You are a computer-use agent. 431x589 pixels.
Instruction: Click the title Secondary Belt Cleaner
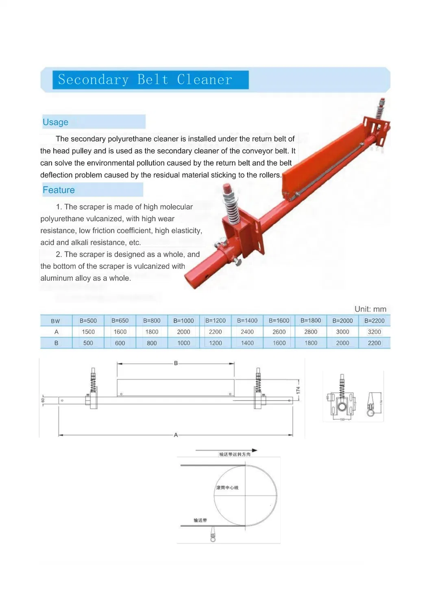145,79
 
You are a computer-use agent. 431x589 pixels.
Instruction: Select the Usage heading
55,122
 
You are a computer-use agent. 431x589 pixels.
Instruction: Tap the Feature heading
59,190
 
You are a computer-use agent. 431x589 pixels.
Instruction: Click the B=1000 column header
183,321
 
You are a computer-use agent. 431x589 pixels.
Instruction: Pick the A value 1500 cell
88,332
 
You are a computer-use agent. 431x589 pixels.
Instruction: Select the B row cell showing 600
120,343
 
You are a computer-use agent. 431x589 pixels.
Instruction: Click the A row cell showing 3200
374,332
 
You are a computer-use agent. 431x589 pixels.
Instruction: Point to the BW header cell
56,321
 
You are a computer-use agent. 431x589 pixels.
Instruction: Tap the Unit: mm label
370,309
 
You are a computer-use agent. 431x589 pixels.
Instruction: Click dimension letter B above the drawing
176,363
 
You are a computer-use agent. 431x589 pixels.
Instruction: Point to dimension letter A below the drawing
176,435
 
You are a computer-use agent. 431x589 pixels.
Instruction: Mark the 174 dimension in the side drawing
298,390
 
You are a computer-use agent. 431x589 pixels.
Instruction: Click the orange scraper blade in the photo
325,155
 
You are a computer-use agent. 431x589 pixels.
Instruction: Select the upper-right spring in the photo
381,109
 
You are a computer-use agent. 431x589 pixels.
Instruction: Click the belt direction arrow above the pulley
226,450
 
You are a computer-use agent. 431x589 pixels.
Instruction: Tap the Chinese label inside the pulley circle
227,487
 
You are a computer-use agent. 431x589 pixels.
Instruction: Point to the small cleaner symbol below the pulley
213,534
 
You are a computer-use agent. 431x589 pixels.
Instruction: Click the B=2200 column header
374,321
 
